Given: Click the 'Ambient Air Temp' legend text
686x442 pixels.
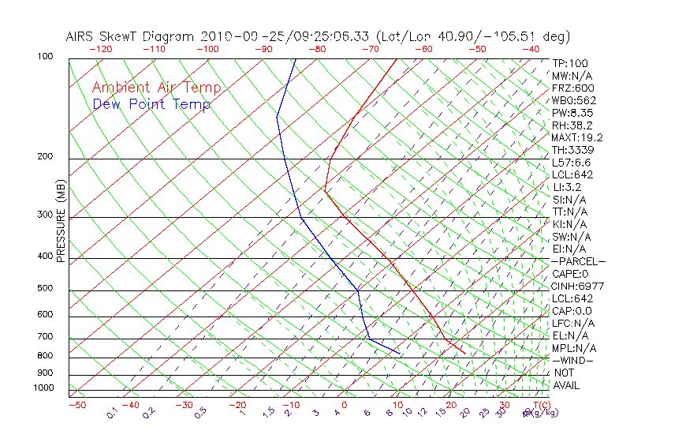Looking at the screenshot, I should click(156, 88).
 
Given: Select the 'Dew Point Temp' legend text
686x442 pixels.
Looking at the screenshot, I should click(151, 104).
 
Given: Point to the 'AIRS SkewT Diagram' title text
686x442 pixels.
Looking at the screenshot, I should click(131, 36).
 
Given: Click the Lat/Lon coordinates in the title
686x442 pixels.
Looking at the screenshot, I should click(473, 36).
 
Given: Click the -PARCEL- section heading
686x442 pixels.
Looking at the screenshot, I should click(578, 261).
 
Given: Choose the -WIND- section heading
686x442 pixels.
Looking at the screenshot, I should click(573, 360).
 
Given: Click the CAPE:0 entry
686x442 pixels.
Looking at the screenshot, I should click(569, 274).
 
